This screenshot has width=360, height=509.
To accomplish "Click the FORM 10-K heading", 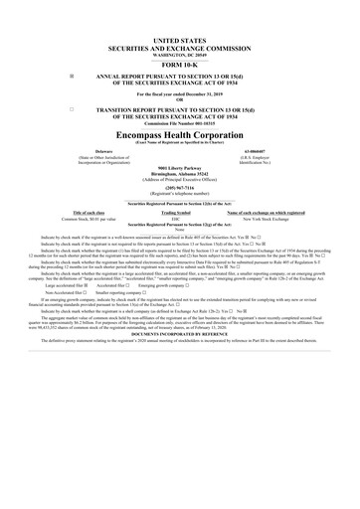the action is point(180,64).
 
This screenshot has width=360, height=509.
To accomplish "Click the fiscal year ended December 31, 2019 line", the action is point(180,93).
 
